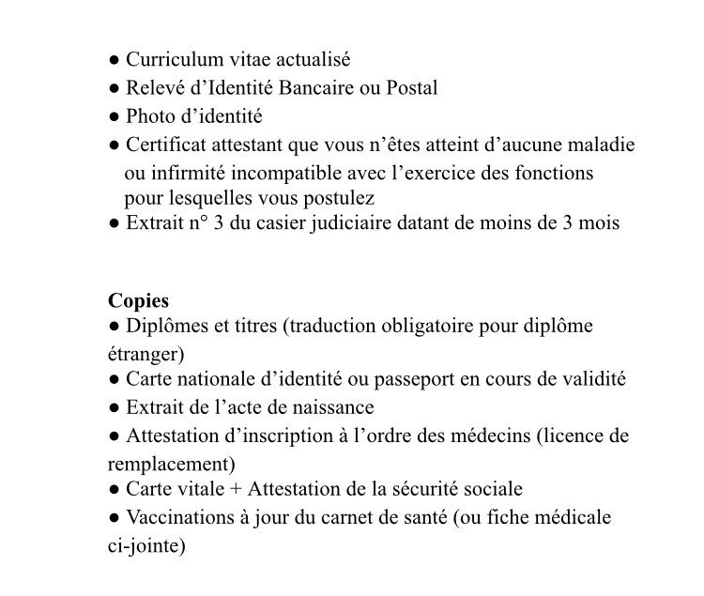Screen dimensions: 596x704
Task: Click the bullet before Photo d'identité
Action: pyautogui.click(x=114, y=117)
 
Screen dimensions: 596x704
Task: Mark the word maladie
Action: pyautogui.click(x=601, y=145)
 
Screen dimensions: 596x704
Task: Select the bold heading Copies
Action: pyautogui.click(x=139, y=300)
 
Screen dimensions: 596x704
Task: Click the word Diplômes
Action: pyautogui.click(x=165, y=327)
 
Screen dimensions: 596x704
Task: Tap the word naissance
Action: pyautogui.click(x=333, y=407)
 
